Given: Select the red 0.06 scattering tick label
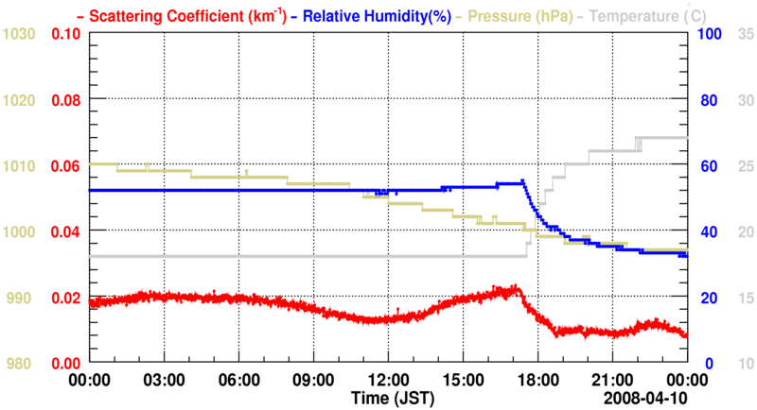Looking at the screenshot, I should pyautogui.click(x=65, y=166).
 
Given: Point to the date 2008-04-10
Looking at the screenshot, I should pyautogui.click(x=648, y=397).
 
